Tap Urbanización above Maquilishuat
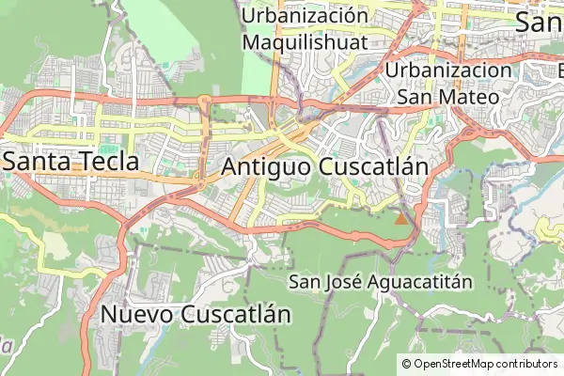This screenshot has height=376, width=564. [304, 16]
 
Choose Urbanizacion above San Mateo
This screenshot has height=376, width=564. [449, 70]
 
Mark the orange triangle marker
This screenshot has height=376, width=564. [401, 219]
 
